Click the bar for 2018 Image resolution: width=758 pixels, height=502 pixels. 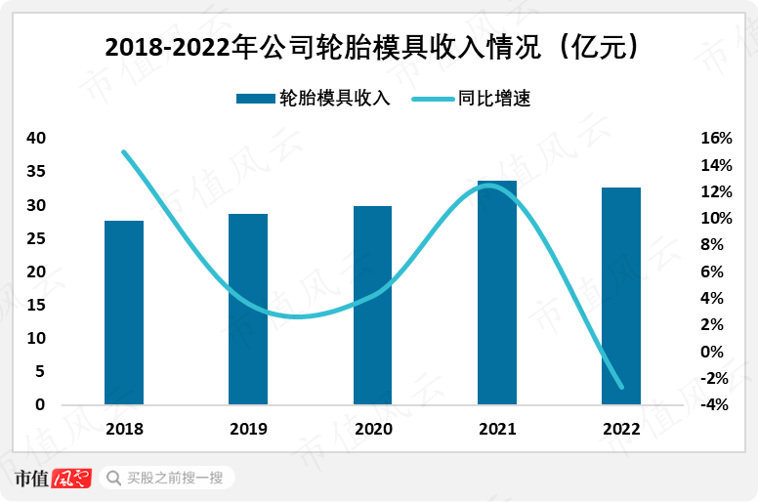point(124,313)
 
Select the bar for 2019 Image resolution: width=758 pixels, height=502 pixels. point(248,309)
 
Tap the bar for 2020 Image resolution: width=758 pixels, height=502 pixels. point(372,305)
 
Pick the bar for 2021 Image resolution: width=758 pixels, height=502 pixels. point(497,292)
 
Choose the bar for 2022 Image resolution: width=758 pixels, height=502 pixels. point(621,296)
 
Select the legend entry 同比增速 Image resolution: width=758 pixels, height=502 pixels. point(470,99)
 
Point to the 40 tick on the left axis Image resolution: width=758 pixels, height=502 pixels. point(35,139)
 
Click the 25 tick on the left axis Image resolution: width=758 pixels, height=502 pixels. point(35,238)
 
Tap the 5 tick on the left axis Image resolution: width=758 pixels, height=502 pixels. point(40,371)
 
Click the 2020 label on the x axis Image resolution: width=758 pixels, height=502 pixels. point(372,429)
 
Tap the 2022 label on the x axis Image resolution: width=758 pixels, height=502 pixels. point(621,429)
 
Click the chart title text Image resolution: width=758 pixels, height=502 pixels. point(378,46)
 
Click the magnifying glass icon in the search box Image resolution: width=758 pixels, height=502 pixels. point(113,478)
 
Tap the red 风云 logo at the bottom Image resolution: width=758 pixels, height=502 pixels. point(70,478)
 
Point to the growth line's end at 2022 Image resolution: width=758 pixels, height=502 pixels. point(621,387)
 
